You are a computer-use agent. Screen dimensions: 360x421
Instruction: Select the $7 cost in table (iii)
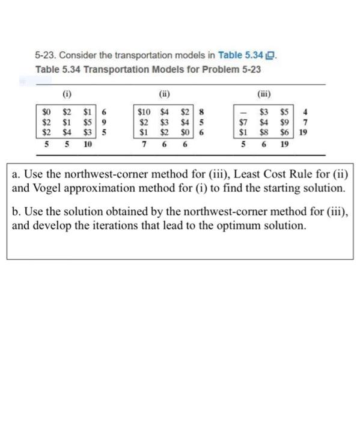pyautogui.click(x=243, y=122)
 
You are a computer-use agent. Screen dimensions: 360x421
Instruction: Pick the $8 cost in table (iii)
pyautogui.click(x=263, y=133)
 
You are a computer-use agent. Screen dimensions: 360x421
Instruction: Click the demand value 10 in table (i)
pyautogui.click(x=88, y=144)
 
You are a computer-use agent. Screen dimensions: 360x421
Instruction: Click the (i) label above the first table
pyautogui.click(x=65, y=94)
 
